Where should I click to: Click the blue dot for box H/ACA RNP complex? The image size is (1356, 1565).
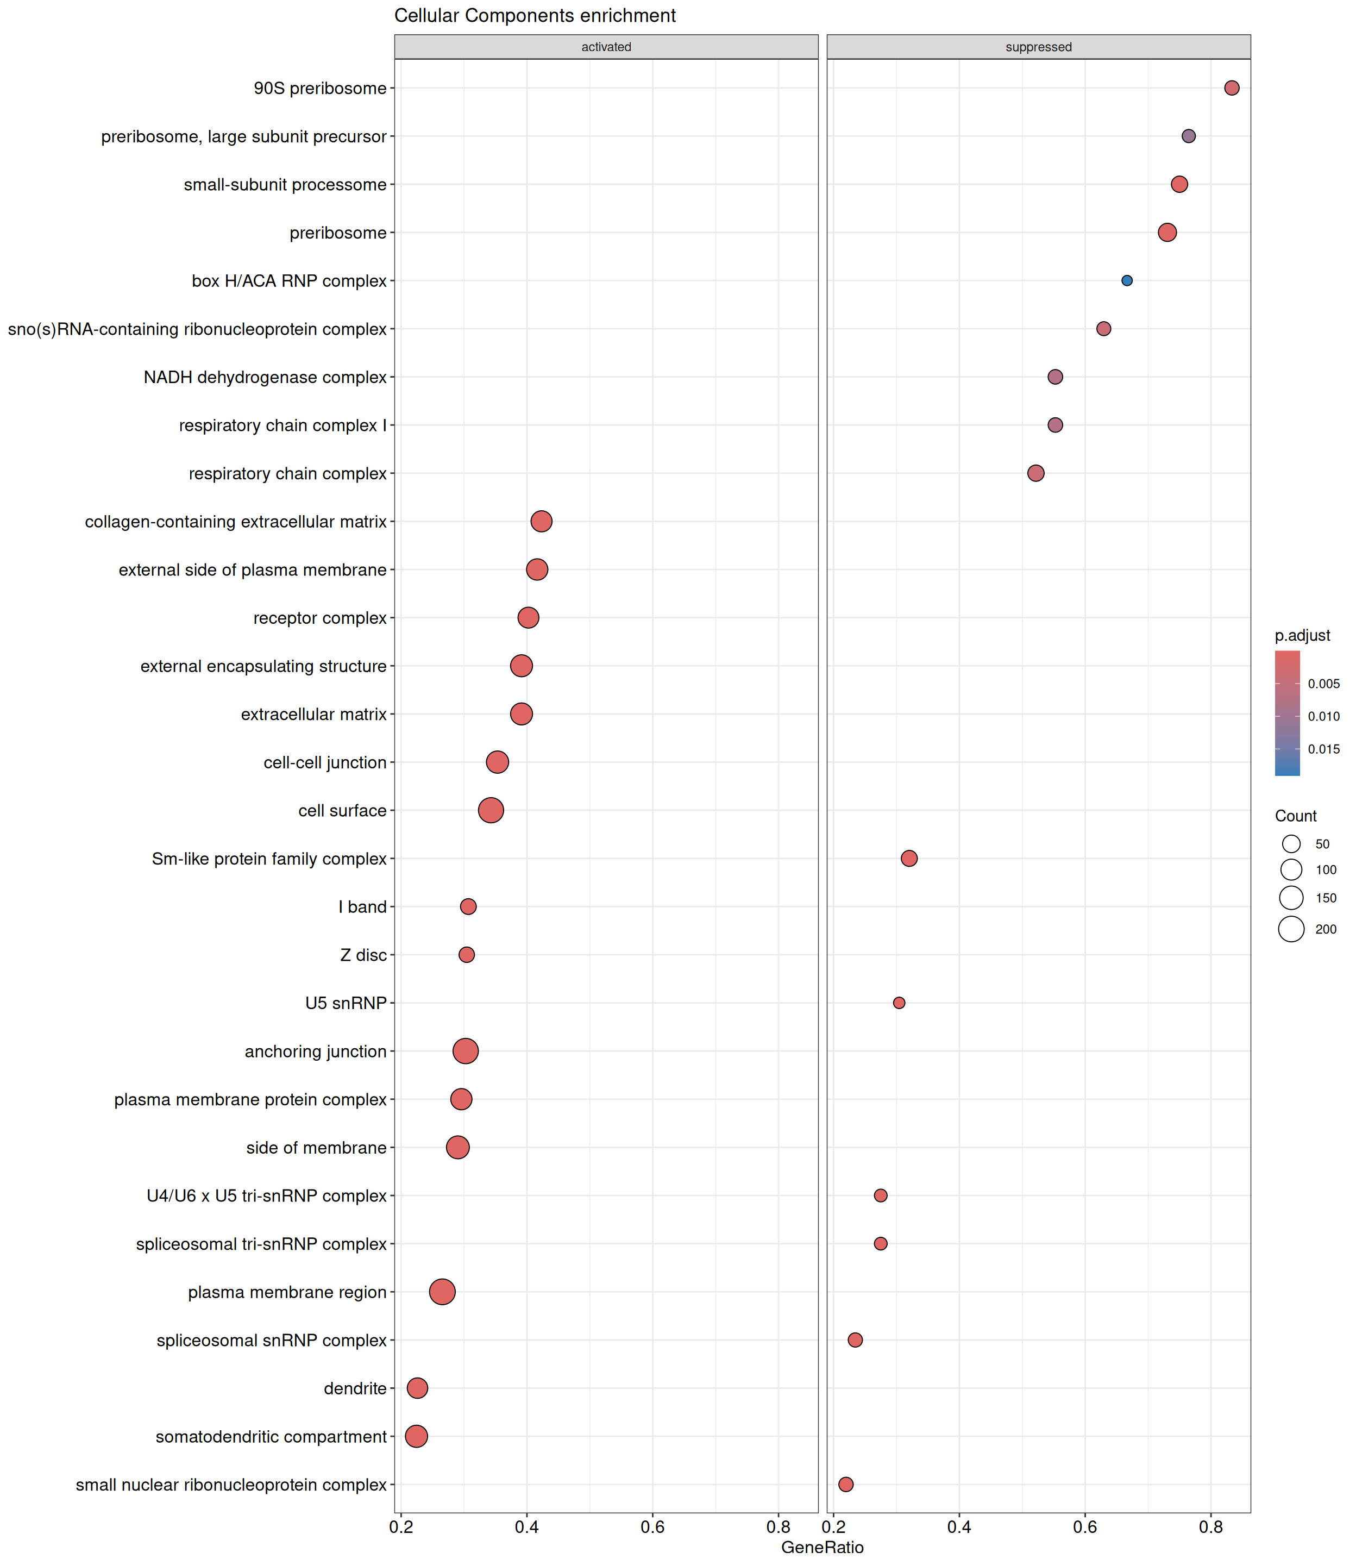tap(1127, 281)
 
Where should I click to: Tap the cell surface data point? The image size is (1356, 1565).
tap(491, 811)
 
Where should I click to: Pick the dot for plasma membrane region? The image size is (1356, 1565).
tap(443, 1292)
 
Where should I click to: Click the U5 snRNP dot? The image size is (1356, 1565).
tap(899, 1003)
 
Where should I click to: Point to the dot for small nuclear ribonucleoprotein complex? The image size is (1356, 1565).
tap(846, 1484)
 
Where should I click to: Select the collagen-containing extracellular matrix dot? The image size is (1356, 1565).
tap(541, 522)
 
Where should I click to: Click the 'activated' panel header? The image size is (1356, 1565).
tap(606, 47)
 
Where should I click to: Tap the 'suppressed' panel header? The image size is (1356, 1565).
tap(1038, 47)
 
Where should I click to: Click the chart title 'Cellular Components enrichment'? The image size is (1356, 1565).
tap(535, 16)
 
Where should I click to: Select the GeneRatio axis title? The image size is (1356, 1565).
tap(823, 1547)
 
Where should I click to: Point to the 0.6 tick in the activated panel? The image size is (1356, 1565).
tap(653, 1526)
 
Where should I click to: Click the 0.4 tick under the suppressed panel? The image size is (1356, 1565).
tap(959, 1526)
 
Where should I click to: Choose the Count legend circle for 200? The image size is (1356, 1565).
tap(1292, 929)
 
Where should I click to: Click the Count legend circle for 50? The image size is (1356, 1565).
tap(1292, 844)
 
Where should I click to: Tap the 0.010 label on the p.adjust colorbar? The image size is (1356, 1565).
tap(1323, 716)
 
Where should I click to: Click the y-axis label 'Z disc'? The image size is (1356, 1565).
tap(363, 955)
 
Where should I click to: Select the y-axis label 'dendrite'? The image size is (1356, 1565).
tap(355, 1389)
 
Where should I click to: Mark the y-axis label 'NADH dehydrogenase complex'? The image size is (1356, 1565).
tap(265, 378)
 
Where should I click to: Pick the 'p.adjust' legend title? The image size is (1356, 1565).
tap(1302, 636)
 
